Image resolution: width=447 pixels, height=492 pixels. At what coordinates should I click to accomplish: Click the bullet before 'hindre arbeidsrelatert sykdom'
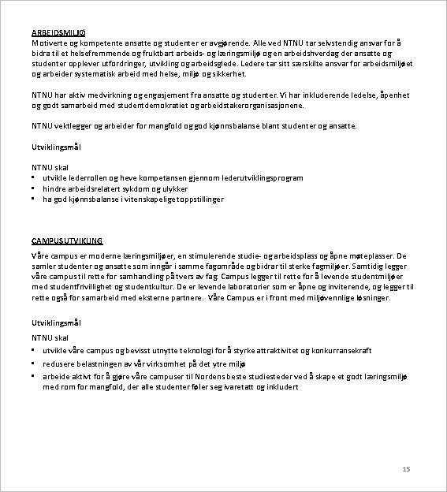[33, 189]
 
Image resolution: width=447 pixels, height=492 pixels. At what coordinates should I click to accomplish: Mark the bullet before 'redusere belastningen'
[33, 363]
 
